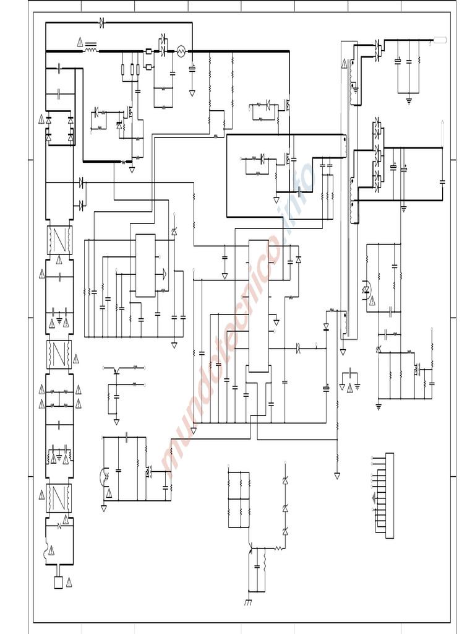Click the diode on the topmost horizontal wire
(x=101, y=22)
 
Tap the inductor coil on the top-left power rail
(x=91, y=51)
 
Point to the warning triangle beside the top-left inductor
(x=80, y=42)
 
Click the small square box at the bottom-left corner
(x=59, y=582)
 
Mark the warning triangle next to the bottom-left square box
(x=69, y=582)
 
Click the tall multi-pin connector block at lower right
(x=389, y=495)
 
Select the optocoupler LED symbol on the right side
(x=366, y=289)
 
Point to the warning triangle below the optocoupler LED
(x=372, y=301)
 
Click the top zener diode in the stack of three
(x=285, y=481)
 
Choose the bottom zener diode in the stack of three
(x=285, y=531)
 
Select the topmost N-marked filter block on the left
(x=60, y=240)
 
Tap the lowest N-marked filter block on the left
(x=60, y=497)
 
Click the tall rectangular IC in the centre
(x=259, y=306)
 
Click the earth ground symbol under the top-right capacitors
(x=409, y=99)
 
